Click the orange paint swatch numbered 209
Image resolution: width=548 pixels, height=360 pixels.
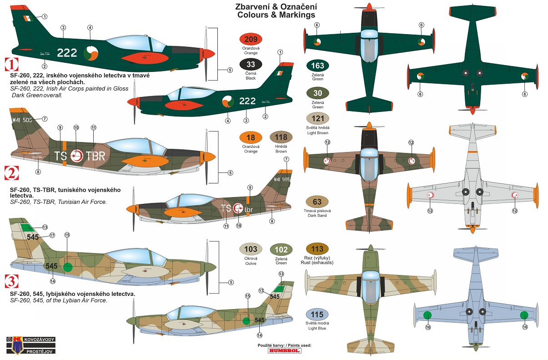tap(251, 39)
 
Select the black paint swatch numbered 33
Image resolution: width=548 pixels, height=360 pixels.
tap(251, 64)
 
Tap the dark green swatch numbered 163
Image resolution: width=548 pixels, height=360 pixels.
tap(318, 66)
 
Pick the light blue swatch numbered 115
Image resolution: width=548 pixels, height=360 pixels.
tap(318, 314)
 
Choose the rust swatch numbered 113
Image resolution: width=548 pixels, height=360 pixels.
tap(318, 249)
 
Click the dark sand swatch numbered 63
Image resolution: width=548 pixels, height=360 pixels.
tap(317, 202)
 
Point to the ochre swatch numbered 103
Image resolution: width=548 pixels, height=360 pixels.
tap(251, 249)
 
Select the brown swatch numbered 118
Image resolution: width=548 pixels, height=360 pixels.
tap(281, 137)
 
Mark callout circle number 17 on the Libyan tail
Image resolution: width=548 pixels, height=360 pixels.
tap(52, 235)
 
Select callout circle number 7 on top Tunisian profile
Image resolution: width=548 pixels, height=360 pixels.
tap(45, 118)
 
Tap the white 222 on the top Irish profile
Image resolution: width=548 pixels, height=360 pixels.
tap(67, 52)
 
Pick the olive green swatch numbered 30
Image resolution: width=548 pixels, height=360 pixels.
tap(318, 93)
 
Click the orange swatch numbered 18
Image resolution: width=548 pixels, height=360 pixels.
tap(251, 137)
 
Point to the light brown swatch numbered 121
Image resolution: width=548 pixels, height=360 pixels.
tap(318, 119)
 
